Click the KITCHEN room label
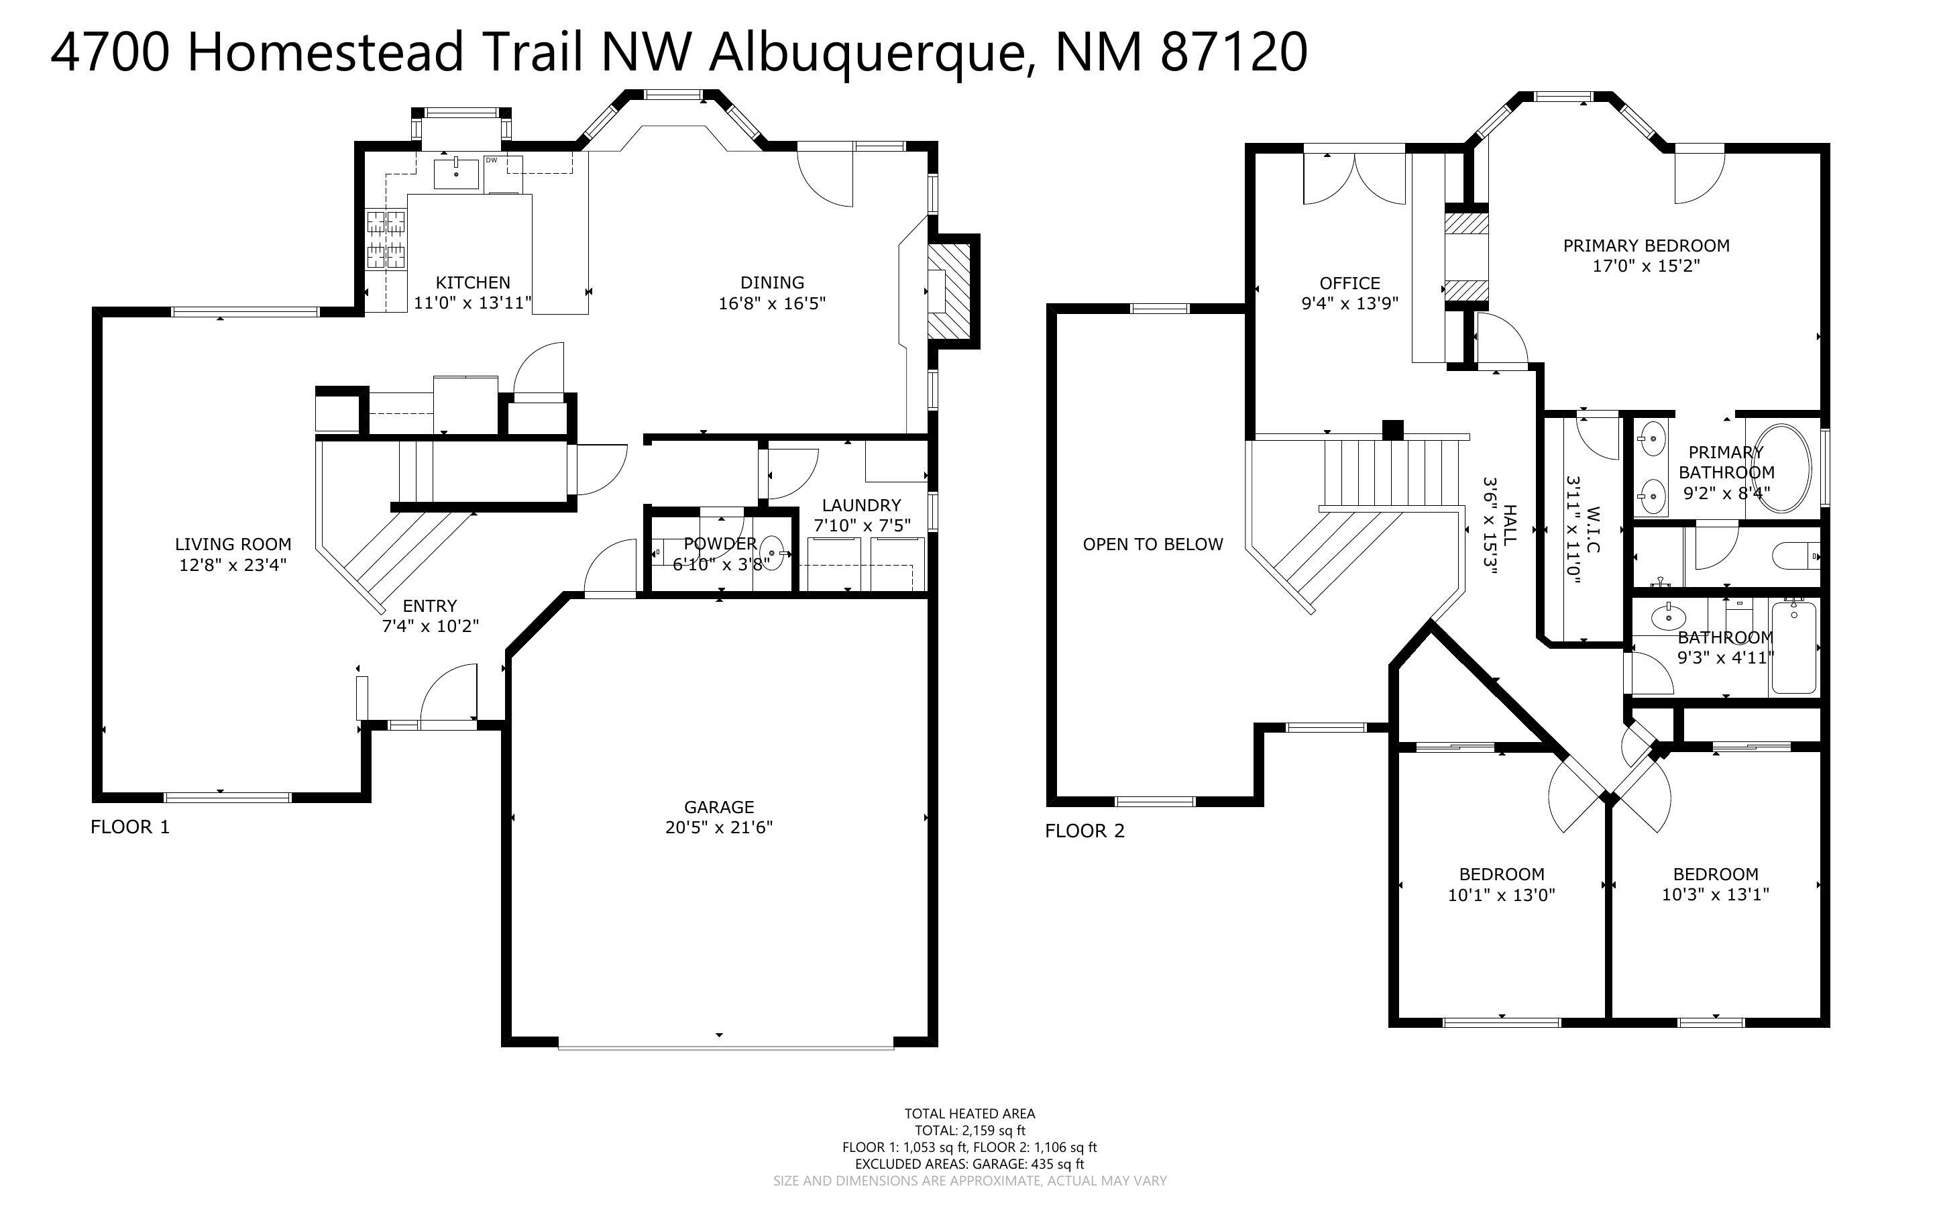pos(472,282)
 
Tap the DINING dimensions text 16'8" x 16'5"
pos(771,303)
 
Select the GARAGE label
pos(718,806)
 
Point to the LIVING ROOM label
pos(233,545)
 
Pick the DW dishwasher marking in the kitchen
pos(492,160)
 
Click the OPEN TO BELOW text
pos(1152,545)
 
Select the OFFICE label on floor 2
pos(1349,283)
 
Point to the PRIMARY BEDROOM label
pos(1645,246)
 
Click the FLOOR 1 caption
pos(130,827)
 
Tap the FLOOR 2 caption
pos(1084,831)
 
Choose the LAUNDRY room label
pos(861,505)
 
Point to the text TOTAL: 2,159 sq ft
pos(969,1130)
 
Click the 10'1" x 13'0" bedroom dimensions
pos(1501,894)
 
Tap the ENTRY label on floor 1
pos(430,606)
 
